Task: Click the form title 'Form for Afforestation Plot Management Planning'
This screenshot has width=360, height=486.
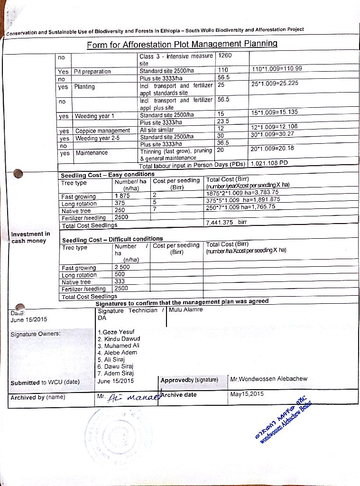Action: tap(182, 44)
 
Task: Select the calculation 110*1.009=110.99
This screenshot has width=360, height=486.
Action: tap(277, 69)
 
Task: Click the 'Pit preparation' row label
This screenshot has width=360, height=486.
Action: tap(92, 72)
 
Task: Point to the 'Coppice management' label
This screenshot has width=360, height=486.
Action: tap(102, 131)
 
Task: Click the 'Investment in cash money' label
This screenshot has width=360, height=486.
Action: tap(30, 237)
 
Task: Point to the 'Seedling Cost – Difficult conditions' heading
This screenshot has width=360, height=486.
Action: tap(112, 239)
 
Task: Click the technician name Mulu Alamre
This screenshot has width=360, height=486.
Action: tap(185, 309)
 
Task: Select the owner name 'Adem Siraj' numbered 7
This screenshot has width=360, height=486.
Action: tap(115, 373)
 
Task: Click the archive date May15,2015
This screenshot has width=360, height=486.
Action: tap(247, 394)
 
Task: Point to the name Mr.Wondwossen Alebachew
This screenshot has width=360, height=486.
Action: tap(268, 379)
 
